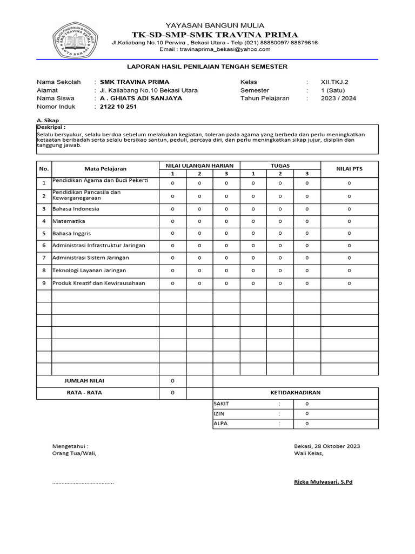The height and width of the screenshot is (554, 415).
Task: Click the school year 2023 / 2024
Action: pyautogui.click(x=338, y=98)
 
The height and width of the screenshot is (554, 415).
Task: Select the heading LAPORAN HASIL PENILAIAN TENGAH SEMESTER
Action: pyautogui.click(x=207, y=67)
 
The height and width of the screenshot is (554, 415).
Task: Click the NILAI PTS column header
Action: pyautogui.click(x=349, y=169)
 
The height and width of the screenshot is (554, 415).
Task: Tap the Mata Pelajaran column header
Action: pyautogui.click(x=105, y=169)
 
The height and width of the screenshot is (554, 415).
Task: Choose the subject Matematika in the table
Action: pyautogui.click(x=69, y=221)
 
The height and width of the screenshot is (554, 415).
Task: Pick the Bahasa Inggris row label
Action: pyautogui.click(x=71, y=234)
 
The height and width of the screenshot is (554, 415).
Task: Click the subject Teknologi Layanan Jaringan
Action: pyautogui.click(x=89, y=271)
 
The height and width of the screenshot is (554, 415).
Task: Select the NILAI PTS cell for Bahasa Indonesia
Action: pyautogui.click(x=349, y=209)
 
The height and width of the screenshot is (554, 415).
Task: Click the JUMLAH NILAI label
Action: pyautogui.click(x=84, y=381)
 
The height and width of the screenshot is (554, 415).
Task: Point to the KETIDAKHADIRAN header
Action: pyautogui.click(x=295, y=393)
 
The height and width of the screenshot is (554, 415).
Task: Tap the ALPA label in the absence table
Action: pyautogui.click(x=220, y=424)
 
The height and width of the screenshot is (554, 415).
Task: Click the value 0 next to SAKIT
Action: pyautogui.click(x=307, y=404)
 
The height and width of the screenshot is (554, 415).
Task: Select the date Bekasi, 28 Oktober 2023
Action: pyautogui.click(x=327, y=446)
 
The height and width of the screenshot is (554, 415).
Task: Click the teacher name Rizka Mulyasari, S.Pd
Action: pyautogui.click(x=323, y=482)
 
